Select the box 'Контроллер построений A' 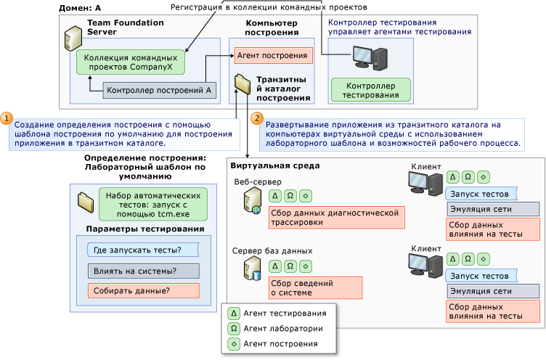[158, 91]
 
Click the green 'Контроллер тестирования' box [370, 90]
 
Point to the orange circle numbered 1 [6, 117]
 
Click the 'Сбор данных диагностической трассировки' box [335, 218]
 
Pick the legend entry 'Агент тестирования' [274, 314]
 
